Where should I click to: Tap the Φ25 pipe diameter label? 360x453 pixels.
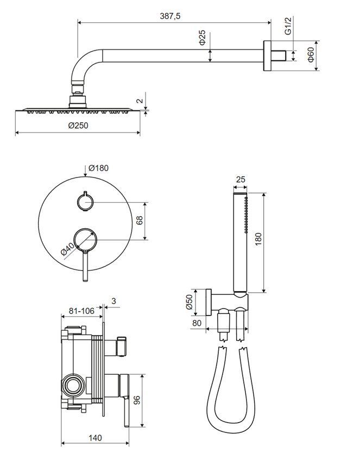click(201, 37)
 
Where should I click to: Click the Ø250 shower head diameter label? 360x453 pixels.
click(78, 125)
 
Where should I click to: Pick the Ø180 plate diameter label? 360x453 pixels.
click(98, 168)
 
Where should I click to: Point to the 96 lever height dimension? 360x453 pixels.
click(136, 402)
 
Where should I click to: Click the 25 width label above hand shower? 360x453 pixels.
click(241, 180)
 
